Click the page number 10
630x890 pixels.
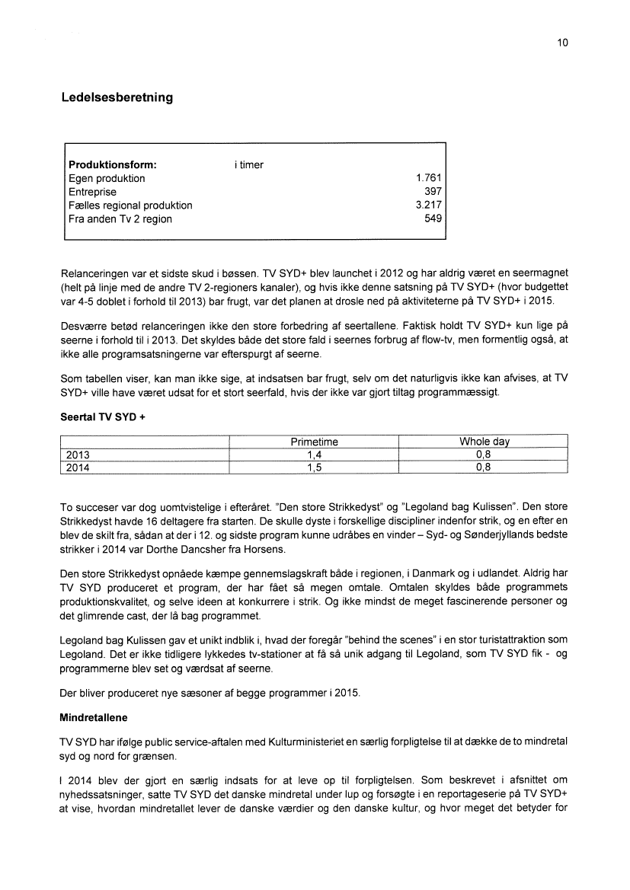point(562,43)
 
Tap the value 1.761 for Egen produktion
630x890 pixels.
point(427,178)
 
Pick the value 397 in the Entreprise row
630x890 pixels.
point(433,192)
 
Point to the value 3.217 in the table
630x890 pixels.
point(427,206)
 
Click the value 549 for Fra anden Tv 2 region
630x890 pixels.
point(433,219)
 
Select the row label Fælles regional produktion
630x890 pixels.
point(130,206)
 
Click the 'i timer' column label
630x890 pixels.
point(249,164)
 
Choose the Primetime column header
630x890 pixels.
point(314,442)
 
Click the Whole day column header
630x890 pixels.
point(484,442)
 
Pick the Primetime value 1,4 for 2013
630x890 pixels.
point(314,455)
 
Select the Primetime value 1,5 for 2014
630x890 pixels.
point(314,468)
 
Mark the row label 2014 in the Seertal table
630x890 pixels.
point(78,468)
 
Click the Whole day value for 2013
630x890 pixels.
point(484,455)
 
